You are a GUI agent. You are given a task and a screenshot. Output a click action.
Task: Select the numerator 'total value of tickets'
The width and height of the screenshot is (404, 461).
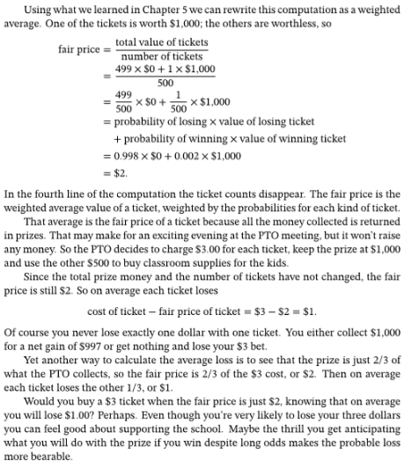coord(161,41)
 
